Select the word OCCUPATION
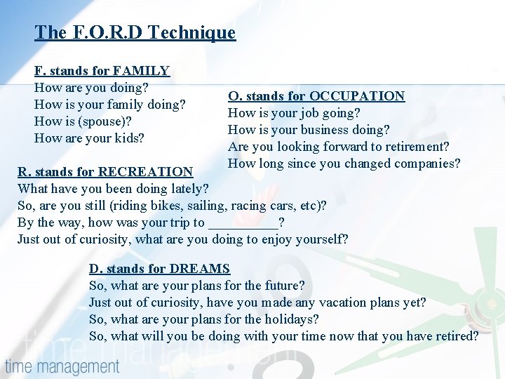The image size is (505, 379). pos(357,96)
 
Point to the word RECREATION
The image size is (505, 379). pos(145,172)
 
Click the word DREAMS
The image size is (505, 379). pos(200,269)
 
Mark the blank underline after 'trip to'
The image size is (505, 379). pos(243,222)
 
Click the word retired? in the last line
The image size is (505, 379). pos(454,336)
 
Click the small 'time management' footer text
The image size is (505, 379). pos(62,366)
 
